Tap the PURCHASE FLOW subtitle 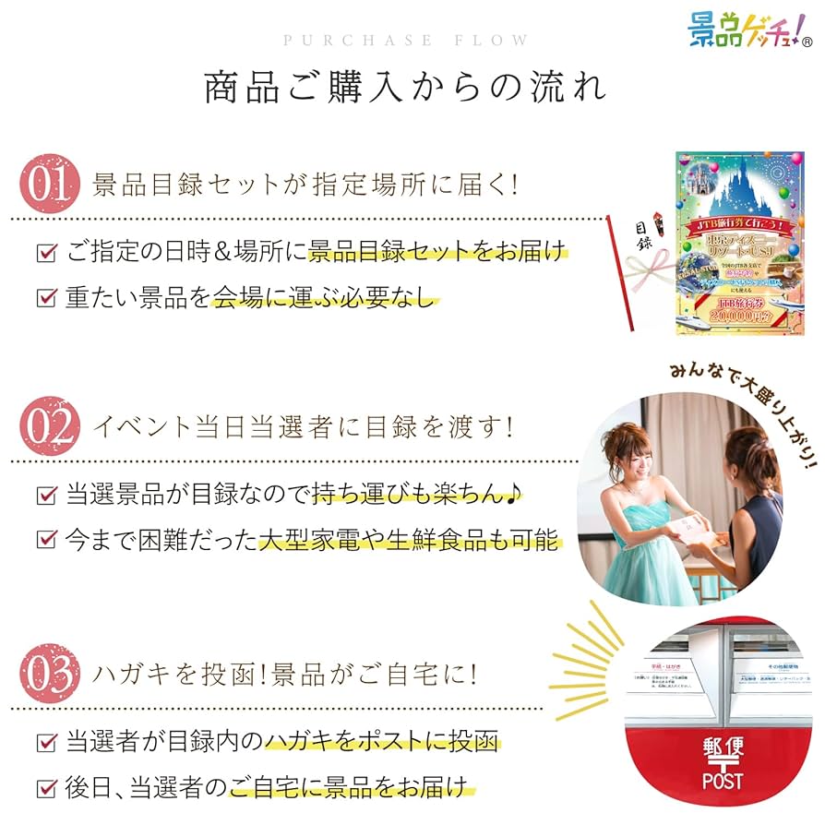tap(406, 41)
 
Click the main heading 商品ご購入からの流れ tap(406, 89)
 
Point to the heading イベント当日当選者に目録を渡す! tap(304, 427)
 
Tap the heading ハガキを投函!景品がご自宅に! tap(285, 675)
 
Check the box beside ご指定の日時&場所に tap(45, 251)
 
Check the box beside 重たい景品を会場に tap(45, 297)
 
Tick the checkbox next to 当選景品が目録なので tap(45, 495)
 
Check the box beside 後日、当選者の tap(45, 789)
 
